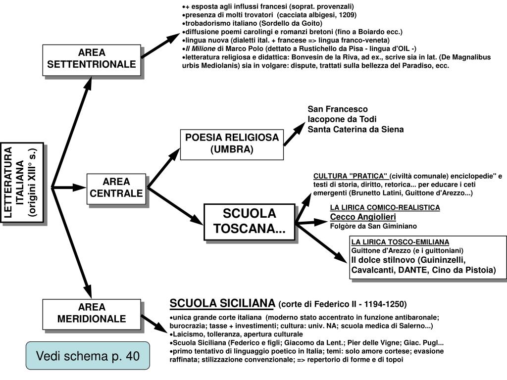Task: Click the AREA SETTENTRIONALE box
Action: [x=92, y=59]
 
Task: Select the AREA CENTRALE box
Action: [x=116, y=188]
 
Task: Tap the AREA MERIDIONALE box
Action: [x=92, y=313]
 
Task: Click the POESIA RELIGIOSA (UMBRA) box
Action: [x=232, y=143]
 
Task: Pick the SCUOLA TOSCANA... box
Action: [x=249, y=222]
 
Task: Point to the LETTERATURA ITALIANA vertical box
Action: [x=22, y=183]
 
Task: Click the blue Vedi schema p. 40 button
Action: [x=88, y=356]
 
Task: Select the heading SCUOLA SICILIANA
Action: [x=222, y=303]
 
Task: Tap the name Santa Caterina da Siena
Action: [x=355, y=130]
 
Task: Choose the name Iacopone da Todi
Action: [x=342, y=119]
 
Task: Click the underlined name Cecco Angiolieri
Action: [x=363, y=217]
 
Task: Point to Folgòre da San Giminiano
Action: [x=373, y=226]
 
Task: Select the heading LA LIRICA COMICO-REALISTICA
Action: [x=385, y=207]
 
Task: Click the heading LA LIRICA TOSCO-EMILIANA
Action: [x=400, y=242]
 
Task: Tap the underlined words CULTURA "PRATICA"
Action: [x=351, y=176]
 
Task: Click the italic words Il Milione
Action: [x=201, y=48]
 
